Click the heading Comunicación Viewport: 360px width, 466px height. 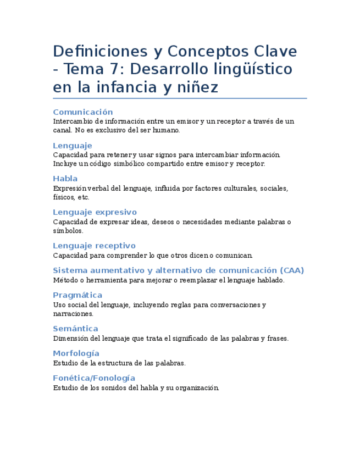83,112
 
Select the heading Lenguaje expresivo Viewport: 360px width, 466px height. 95,212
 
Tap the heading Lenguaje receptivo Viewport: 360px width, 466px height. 94,246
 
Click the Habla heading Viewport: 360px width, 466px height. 65,179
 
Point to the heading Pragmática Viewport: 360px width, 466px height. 77,295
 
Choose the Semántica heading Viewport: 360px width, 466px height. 75,329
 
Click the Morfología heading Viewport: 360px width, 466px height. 76,353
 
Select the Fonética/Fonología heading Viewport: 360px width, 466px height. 94,378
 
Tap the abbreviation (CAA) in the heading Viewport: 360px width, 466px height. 291,270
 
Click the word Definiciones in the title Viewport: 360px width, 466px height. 96,52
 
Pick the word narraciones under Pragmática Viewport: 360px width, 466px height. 73,314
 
